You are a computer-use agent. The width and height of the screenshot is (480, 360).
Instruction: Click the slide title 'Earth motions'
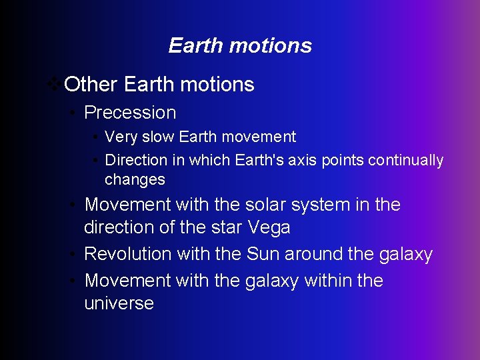[240, 45]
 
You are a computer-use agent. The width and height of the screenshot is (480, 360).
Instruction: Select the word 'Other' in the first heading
[91, 85]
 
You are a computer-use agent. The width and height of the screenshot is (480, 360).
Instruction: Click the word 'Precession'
[130, 113]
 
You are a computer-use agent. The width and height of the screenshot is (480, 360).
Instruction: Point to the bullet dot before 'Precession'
[75, 113]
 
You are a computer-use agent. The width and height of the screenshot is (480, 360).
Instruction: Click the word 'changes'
[135, 180]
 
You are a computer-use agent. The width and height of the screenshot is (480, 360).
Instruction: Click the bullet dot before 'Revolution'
[75, 255]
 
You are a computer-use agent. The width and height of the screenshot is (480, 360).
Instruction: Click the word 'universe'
[119, 303]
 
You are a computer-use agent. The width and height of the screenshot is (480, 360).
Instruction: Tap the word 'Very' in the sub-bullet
[120, 137]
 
